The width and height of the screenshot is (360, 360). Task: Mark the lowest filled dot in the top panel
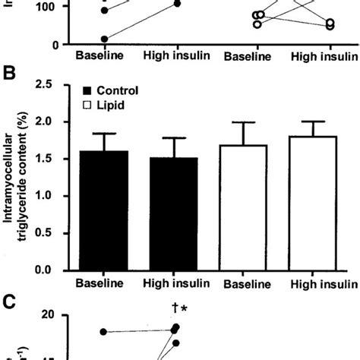point(104,39)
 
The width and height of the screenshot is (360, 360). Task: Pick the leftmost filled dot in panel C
point(104,332)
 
